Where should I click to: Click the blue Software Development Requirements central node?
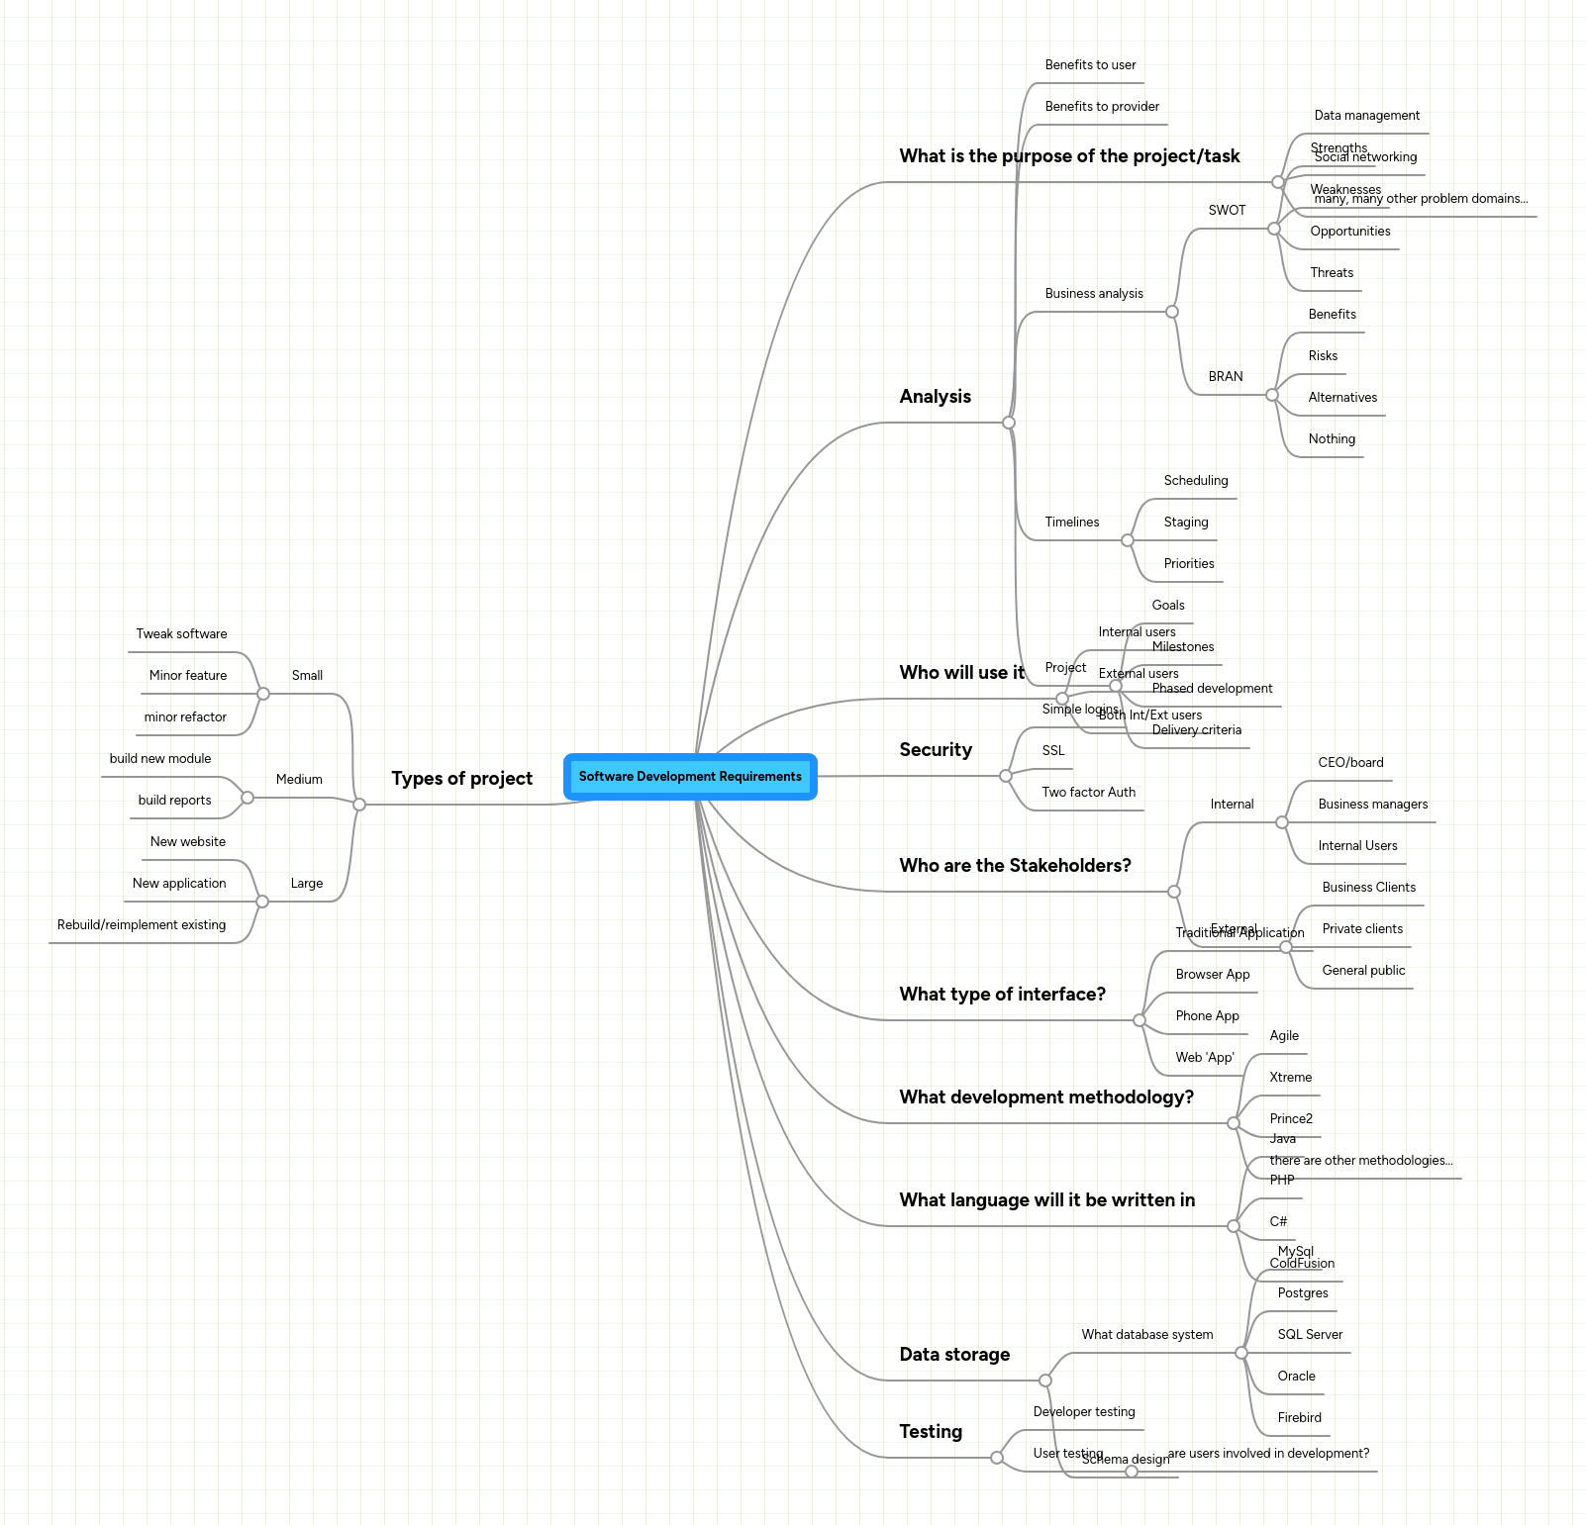pos(690,777)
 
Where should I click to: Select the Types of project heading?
pos(461,779)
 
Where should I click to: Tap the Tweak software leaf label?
pos(181,634)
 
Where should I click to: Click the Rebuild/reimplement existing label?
pos(142,925)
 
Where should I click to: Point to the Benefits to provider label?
pos(1102,107)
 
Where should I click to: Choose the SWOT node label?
pos(1227,211)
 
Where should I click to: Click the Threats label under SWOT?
pos(1332,273)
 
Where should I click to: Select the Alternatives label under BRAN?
pos(1342,398)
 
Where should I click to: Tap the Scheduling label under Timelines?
pos(1196,481)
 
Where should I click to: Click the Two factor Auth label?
pos(1088,793)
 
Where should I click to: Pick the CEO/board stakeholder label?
pos(1350,763)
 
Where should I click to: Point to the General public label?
pos(1363,971)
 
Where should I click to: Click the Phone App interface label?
pos(1207,1016)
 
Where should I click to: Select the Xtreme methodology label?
pos(1290,1078)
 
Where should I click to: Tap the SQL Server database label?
pos(1310,1335)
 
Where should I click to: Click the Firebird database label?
pos(1299,1418)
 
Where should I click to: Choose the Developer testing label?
pos(1084,1412)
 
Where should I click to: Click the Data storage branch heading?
pos(954,1355)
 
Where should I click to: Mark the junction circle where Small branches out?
pos(263,694)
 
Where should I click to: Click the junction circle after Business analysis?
pos(1172,312)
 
